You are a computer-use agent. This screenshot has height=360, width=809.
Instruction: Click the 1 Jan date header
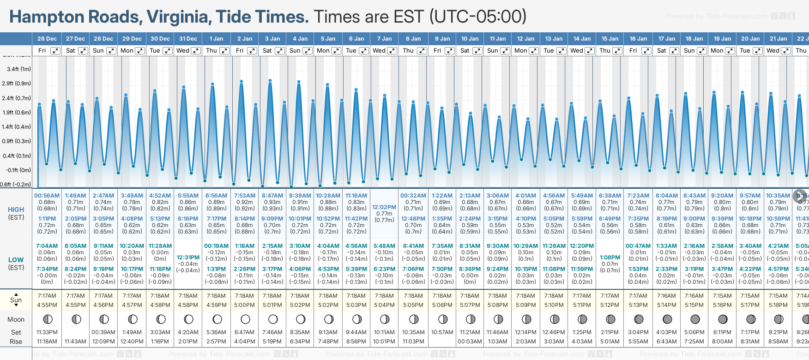(x=216, y=39)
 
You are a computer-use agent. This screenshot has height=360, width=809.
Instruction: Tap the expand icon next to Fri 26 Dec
(x=55, y=51)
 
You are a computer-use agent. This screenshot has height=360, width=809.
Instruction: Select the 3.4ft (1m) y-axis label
(x=19, y=69)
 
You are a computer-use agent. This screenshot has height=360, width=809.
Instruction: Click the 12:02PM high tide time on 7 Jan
(x=384, y=207)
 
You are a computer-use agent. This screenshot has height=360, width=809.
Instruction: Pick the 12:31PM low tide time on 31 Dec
(x=188, y=258)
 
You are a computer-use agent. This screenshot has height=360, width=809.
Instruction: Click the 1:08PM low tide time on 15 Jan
(x=610, y=258)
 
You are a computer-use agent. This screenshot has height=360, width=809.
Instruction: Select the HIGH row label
(x=16, y=210)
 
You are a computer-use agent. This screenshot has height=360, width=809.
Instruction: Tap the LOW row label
(x=16, y=260)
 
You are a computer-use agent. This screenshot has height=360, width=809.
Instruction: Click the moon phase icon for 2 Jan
(x=245, y=319)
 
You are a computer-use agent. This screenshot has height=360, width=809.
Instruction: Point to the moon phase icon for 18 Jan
(x=694, y=319)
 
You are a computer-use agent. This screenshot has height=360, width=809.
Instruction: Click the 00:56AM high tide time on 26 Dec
(x=47, y=196)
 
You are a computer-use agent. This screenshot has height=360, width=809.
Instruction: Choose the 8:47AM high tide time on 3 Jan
(x=272, y=196)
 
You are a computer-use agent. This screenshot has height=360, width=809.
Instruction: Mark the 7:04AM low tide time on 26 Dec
(x=47, y=246)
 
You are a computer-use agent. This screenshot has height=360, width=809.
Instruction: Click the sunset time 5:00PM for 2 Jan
(x=244, y=305)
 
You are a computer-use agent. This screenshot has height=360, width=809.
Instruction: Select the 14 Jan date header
(x=582, y=39)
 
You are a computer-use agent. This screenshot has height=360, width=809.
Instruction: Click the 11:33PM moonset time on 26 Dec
(x=47, y=332)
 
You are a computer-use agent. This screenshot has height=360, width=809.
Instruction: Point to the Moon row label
(x=16, y=319)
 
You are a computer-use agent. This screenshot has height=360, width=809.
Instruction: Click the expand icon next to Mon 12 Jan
(x=533, y=51)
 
